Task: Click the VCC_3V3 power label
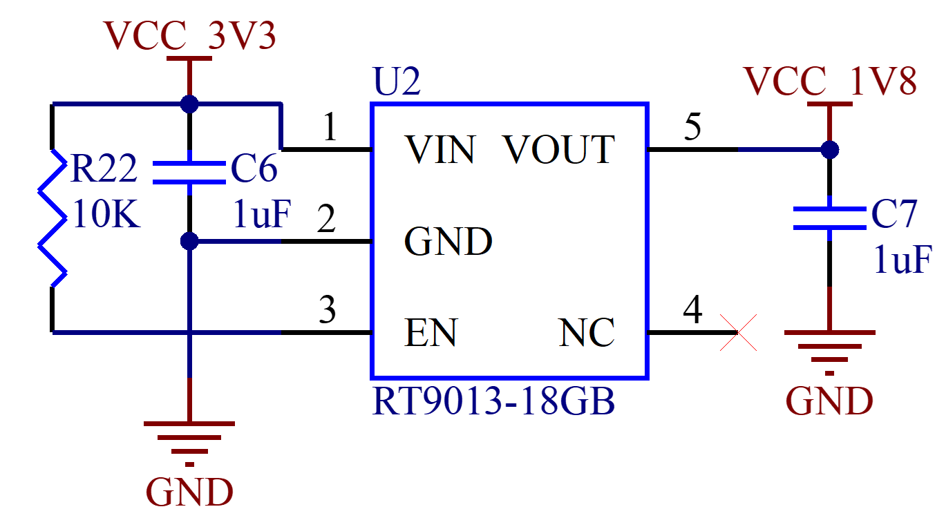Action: [189, 35]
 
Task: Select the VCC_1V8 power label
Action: [830, 81]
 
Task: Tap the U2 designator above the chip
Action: [397, 81]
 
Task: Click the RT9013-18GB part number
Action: [493, 401]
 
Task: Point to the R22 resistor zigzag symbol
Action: [53, 218]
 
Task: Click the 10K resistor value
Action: [106, 214]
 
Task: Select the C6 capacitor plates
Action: [189, 173]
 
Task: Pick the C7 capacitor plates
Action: [830, 218]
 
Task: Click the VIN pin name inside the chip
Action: [440, 149]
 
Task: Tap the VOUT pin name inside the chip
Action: [560, 149]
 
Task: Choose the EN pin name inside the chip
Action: [431, 333]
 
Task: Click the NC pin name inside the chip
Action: [587, 333]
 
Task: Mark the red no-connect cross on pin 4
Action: [738, 333]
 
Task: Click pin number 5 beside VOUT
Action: [692, 126]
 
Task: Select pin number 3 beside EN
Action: [328, 309]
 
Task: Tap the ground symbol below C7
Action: [830, 352]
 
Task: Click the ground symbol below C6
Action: [189, 443]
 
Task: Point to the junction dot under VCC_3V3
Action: [189, 104]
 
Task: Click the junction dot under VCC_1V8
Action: [830, 149]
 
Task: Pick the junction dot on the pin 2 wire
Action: [189, 241]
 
